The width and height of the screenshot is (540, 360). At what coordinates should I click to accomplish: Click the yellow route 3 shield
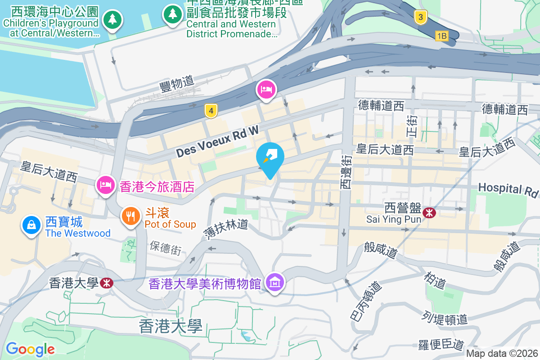(x=420, y=18)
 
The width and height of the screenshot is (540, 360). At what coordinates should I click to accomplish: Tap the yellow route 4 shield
(x=210, y=111)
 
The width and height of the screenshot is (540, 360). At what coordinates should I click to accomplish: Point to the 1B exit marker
(x=442, y=36)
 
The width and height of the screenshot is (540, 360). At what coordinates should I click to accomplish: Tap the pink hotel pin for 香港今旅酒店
(x=105, y=184)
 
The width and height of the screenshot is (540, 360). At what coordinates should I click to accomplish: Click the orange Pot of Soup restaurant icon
(x=130, y=216)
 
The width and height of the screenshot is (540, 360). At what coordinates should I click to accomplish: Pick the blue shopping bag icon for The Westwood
(x=32, y=225)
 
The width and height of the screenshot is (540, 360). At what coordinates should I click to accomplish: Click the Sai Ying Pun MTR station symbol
(x=430, y=212)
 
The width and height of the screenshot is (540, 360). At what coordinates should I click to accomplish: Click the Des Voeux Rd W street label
(x=217, y=142)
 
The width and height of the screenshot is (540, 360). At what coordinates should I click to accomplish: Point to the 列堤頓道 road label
(x=445, y=318)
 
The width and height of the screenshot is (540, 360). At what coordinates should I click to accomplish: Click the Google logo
(x=30, y=349)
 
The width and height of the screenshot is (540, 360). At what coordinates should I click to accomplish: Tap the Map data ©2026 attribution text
(x=502, y=353)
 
